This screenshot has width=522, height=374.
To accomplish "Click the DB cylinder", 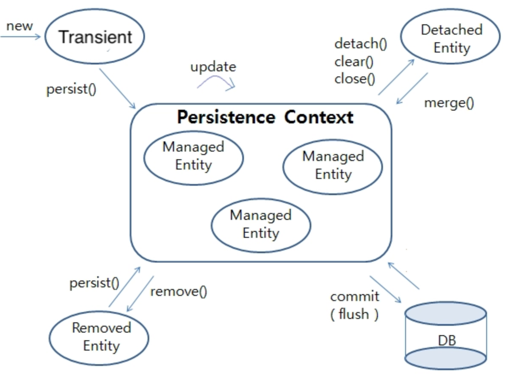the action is click(x=446, y=336).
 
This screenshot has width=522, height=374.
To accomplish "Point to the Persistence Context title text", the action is click(x=265, y=117).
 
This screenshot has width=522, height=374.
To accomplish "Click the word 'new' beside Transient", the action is click(x=20, y=26).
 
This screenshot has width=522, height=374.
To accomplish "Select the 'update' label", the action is click(x=213, y=67).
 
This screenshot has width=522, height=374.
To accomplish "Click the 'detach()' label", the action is click(x=361, y=44).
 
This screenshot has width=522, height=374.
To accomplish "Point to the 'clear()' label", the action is click(x=354, y=62).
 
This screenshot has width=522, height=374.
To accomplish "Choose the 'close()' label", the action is click(x=355, y=79).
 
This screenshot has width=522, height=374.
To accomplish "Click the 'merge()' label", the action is click(x=449, y=103).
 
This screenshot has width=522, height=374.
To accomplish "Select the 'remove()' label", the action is click(x=179, y=292).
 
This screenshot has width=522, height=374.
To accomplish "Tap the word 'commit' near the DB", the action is click(x=355, y=297).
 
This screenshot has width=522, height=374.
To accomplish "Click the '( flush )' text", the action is click(x=354, y=314).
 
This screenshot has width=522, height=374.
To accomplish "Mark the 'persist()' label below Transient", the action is click(x=71, y=89).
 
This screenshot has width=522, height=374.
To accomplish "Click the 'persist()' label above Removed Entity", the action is click(x=94, y=283).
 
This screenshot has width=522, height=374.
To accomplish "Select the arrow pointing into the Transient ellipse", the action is click(x=20, y=37).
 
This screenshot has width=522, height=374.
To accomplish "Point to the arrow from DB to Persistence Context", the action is click(x=403, y=276).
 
